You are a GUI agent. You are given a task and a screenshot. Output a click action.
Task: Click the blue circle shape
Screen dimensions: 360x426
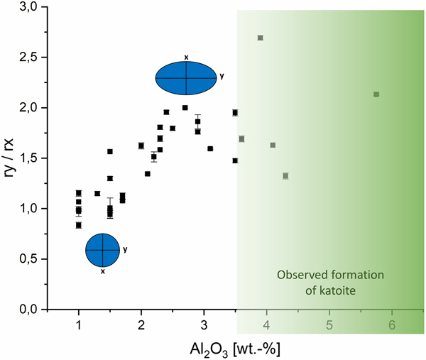[103, 251]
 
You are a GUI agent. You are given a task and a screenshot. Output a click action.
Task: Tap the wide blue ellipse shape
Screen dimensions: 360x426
[186, 78]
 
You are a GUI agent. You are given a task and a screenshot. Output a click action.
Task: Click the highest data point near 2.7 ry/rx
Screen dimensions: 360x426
[261, 38]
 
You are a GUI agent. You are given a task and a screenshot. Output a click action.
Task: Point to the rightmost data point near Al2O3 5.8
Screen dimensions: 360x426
[376, 94]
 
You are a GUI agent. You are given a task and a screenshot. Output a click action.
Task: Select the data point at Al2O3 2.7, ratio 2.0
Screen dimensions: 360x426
[185, 108]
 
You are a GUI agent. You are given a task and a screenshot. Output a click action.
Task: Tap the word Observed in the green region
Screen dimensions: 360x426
[301, 275]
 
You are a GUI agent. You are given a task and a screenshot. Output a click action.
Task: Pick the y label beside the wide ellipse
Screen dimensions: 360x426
[222, 75]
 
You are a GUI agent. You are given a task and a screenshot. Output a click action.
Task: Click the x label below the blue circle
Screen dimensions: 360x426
[103, 272]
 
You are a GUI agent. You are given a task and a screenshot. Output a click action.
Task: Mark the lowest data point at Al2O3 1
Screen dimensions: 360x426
[79, 225]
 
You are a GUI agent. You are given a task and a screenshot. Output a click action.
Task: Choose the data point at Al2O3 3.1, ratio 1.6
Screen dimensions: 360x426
[210, 148]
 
